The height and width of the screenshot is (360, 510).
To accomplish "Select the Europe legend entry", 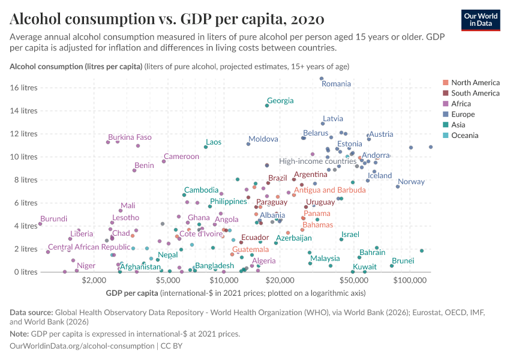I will [463, 115].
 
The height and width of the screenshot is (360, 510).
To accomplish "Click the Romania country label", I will [336, 84].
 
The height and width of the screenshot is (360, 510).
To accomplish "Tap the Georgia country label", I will [280, 101].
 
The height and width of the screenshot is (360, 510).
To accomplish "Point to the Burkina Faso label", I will [130, 137].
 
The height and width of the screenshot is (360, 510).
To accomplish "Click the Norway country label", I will [411, 182].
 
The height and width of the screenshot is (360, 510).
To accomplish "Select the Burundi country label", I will [54, 219].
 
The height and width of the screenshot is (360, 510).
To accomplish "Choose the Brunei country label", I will [403, 261].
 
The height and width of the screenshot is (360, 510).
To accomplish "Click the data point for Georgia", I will [267, 106].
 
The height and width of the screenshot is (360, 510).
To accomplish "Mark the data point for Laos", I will [206, 147].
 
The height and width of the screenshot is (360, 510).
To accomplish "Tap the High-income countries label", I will [318, 161].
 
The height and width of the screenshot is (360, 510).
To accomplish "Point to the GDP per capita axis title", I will [129, 293].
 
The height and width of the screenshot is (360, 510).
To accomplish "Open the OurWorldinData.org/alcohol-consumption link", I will [82, 346].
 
